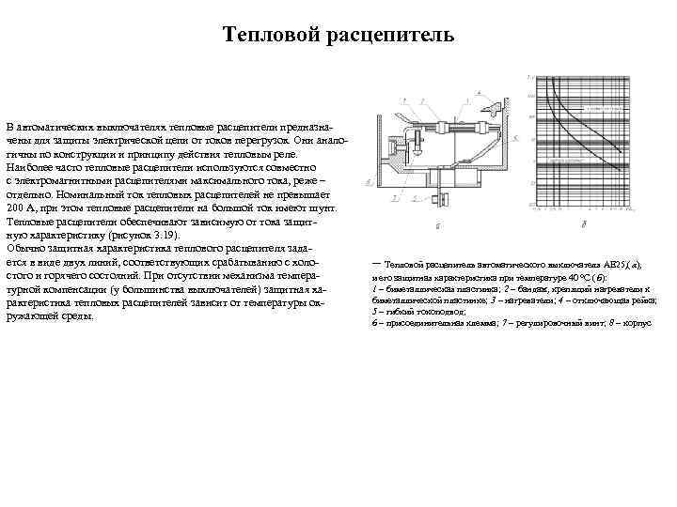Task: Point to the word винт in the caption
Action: [590, 321]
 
